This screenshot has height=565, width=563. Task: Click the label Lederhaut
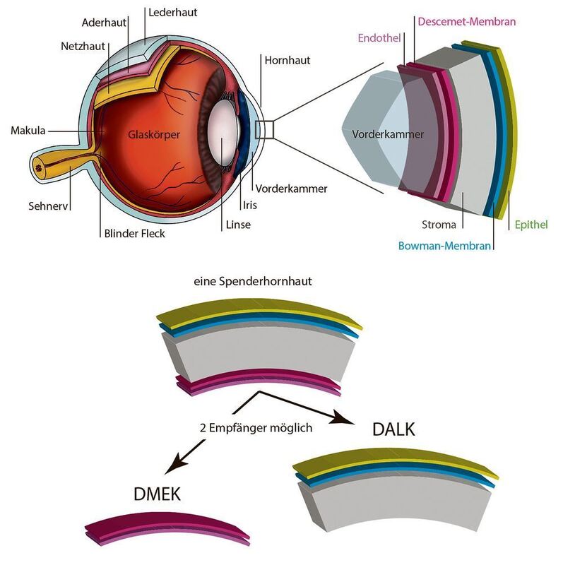coord(172,13)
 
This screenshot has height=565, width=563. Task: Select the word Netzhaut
coord(83,47)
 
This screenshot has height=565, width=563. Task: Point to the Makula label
coord(28,131)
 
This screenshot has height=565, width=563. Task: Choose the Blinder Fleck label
coord(134,233)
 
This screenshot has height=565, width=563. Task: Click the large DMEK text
coord(157,494)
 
